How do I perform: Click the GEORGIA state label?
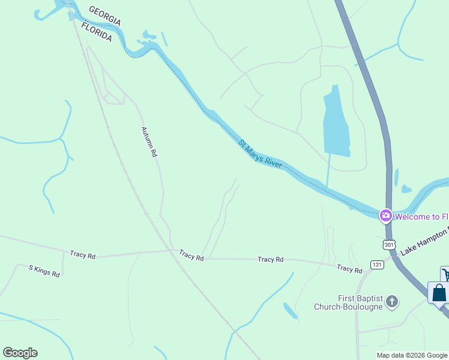104,16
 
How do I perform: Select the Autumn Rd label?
149,142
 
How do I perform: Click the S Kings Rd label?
44,271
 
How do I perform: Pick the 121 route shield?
377,265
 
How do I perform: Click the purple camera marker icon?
385,215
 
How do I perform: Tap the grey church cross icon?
392,301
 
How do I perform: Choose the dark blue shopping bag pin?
439,293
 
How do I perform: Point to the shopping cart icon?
445,275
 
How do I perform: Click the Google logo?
20,353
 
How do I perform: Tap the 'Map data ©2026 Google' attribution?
412,355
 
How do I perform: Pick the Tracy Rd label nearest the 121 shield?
349,269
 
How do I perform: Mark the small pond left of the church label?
289,310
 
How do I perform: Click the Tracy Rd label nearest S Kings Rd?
82,255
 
